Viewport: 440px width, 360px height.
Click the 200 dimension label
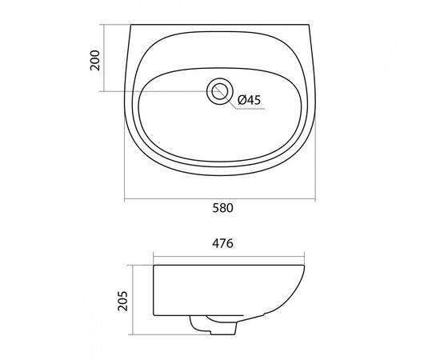[x=95, y=60]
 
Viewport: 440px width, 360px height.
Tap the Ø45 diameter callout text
[x=249, y=100]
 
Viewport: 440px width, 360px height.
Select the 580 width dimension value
[x=223, y=208]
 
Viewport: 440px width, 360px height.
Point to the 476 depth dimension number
[x=223, y=243]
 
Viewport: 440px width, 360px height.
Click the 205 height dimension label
[x=122, y=301]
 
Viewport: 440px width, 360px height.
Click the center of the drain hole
[x=220, y=91]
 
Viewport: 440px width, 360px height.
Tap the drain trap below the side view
[x=214, y=326]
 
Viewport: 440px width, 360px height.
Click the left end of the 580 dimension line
[x=125, y=199]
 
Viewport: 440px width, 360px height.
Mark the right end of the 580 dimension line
[x=315, y=199]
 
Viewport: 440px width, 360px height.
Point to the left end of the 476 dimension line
[x=154, y=256]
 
